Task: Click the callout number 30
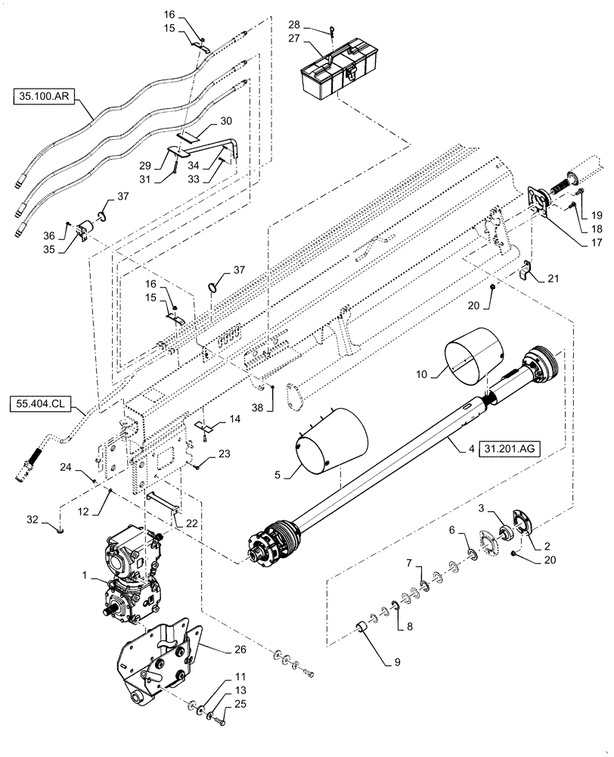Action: click(x=225, y=121)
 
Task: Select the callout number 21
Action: click(x=557, y=278)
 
